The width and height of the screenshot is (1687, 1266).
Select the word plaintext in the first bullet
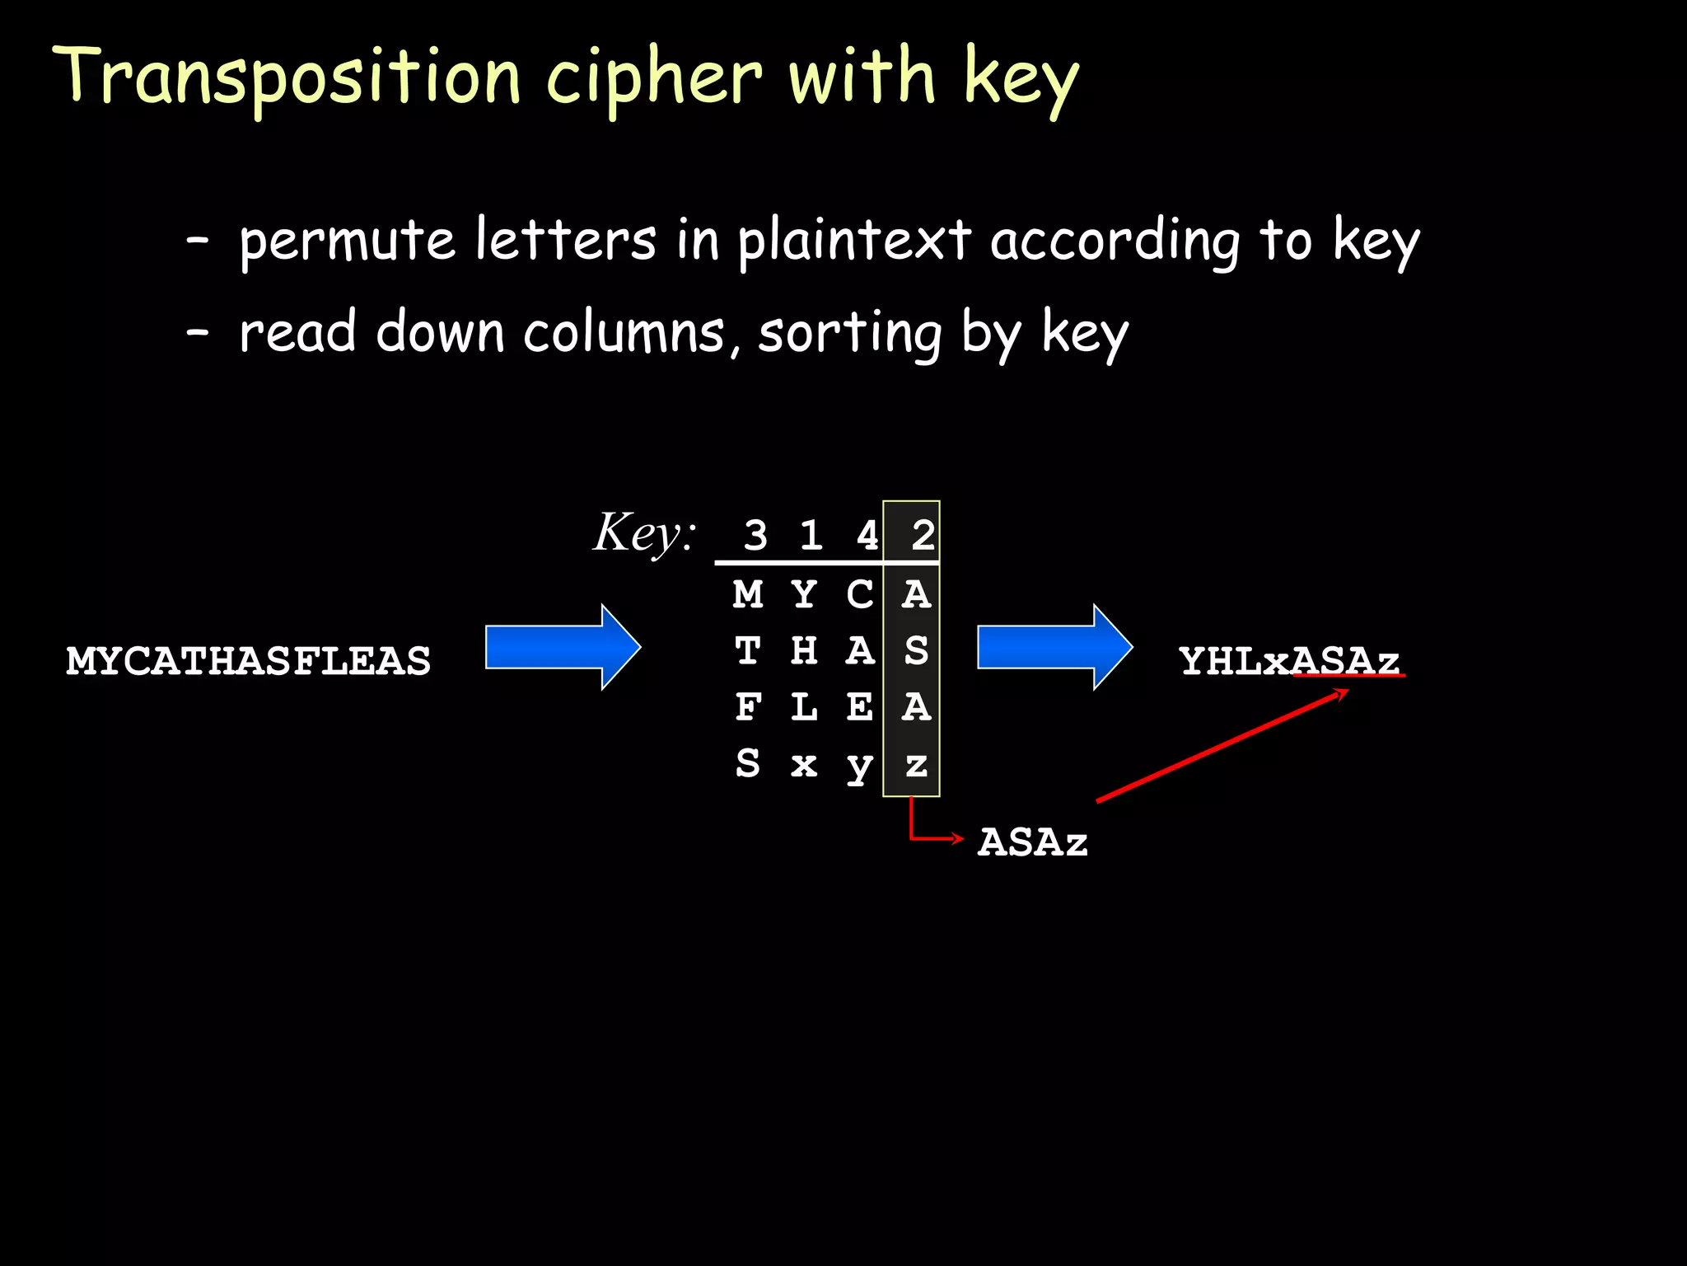[854, 241]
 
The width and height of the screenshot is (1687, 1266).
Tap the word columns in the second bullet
[624, 333]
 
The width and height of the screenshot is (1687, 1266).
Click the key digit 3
[755, 535]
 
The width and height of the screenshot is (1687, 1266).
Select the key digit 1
[811, 535]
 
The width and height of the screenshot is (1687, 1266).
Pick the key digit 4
[867, 535]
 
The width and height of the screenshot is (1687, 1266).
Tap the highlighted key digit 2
[923, 535]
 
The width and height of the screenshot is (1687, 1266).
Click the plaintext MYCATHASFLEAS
[248, 661]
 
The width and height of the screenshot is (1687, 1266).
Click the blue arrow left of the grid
[563, 647]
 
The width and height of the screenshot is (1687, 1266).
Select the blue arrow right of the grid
[1054, 647]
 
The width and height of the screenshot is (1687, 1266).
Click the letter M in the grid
[748, 594]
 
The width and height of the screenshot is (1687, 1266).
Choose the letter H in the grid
[804, 651]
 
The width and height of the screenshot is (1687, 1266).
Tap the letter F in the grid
[748, 707]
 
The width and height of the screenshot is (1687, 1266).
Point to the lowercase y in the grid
[859, 767]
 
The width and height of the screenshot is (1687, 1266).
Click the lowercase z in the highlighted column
[916, 765]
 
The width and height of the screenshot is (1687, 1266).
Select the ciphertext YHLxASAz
[1289, 661]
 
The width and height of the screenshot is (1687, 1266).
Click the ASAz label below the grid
[1033, 842]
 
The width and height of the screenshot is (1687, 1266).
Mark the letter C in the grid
[859, 594]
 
